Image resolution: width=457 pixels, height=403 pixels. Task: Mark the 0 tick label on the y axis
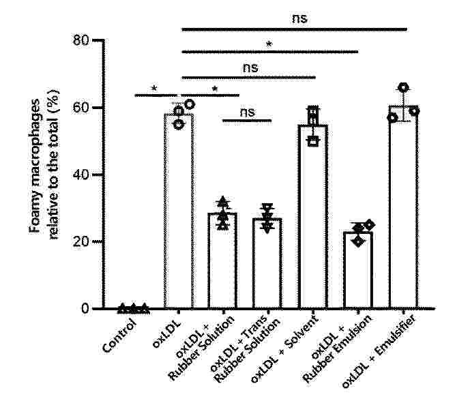click(85, 309)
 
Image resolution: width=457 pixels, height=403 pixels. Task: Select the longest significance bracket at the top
click(295, 29)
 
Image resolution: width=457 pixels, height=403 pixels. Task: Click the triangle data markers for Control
click(133, 308)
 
